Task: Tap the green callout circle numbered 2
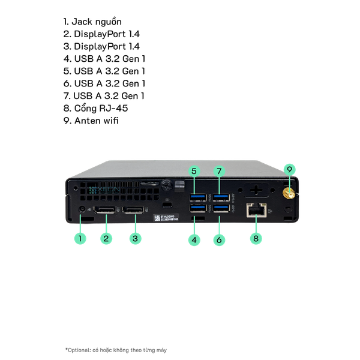(106, 238)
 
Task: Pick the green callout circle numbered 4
(194, 241)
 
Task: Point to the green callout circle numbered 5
(194, 171)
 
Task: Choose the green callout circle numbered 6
(220, 241)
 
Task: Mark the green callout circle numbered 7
(220, 171)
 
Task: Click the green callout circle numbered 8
(256, 238)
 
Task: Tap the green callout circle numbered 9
(289, 170)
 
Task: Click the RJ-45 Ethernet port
(256, 210)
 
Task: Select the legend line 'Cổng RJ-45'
(95, 108)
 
